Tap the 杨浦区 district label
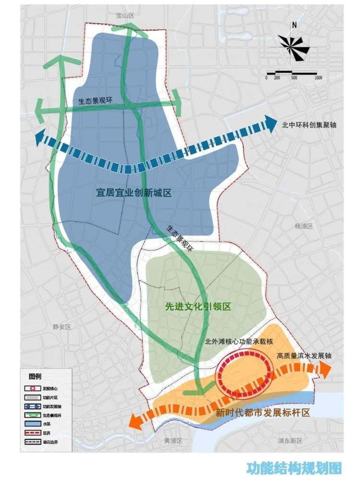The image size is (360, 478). coord(303,226)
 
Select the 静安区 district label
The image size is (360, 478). coord(61,327)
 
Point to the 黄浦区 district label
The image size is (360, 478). coord(173,440)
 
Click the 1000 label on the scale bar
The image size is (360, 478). coord(318,78)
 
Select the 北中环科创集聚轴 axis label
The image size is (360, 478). coord(309,125)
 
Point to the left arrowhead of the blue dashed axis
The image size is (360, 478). coord(41,138)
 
